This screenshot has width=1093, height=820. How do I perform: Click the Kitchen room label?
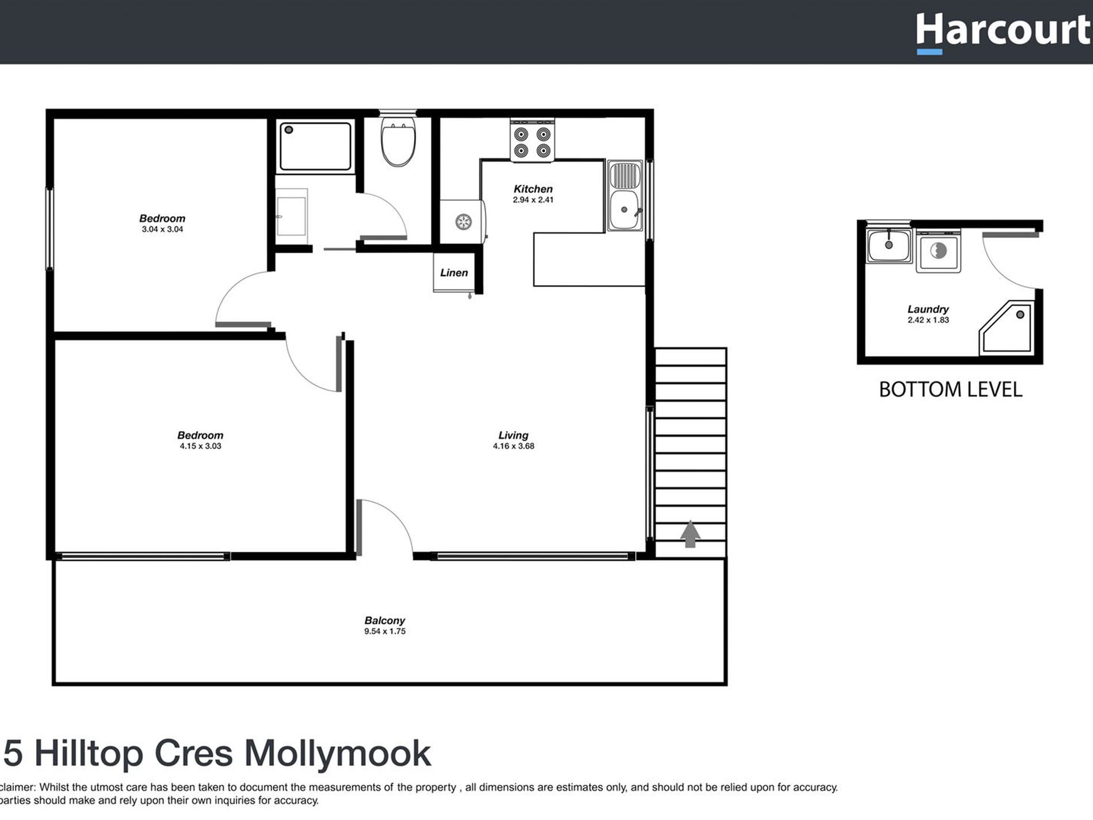pos(533,189)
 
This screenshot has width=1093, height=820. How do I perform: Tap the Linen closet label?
pos(454,273)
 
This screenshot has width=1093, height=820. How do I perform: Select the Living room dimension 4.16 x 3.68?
pos(513,446)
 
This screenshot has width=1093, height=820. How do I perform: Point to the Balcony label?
pos(384,620)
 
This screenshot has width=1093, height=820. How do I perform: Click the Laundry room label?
pos(928,309)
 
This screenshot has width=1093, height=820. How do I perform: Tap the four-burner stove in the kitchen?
pos(532,142)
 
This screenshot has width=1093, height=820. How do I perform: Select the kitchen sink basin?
pos(624,209)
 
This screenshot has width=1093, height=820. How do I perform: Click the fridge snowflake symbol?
pos(463,222)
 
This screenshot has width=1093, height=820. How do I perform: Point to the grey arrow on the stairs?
pos(690,534)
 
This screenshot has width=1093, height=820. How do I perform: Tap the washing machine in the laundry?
pos(938,251)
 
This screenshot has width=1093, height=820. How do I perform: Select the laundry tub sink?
pos(889,246)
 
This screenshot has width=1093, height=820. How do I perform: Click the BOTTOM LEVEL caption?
pos(950,390)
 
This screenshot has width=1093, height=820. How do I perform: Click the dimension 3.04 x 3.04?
pos(162,229)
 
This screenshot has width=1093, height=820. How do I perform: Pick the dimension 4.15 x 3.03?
pos(200,446)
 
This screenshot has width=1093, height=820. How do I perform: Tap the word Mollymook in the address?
pos(337,753)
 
